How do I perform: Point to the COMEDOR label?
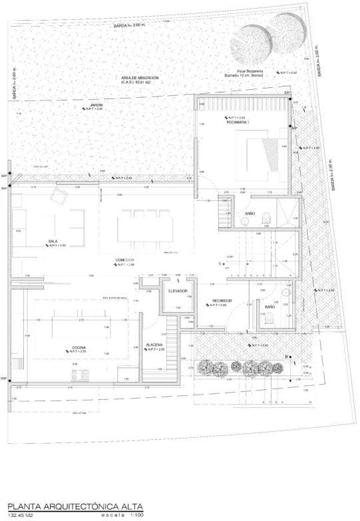click(x=125, y=260)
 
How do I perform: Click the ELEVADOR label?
click(x=178, y=291)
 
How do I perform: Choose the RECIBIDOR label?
click(x=222, y=300)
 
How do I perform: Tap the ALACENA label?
click(x=156, y=345)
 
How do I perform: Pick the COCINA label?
click(x=81, y=347)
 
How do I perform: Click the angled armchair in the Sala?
click(x=60, y=196)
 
